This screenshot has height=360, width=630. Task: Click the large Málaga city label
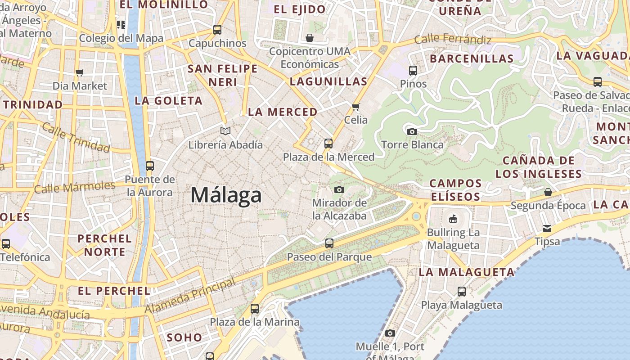click(x=226, y=195)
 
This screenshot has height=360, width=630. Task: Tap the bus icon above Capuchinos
click(x=217, y=30)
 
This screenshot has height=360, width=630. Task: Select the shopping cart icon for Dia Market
click(x=80, y=72)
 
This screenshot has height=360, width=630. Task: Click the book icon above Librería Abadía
click(x=225, y=131)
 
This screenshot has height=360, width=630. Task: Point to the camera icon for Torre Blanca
click(x=412, y=131)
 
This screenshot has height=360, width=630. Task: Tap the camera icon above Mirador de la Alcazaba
click(x=339, y=189)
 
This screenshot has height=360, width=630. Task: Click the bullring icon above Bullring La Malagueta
click(x=453, y=219)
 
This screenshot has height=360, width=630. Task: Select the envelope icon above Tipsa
click(x=547, y=228)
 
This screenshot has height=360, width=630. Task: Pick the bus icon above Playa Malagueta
click(x=462, y=291)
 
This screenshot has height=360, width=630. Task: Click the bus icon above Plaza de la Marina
click(x=255, y=309)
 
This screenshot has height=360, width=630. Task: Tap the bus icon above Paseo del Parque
click(x=329, y=243)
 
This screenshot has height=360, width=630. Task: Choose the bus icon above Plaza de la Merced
click(x=328, y=144)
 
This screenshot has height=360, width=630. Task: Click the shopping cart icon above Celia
click(x=356, y=107)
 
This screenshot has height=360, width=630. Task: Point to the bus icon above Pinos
click(x=413, y=70)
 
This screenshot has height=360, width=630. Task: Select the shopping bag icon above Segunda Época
click(x=548, y=192)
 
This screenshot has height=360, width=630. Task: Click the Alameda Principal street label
click(x=190, y=296)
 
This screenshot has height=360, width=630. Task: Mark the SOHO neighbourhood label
click(x=184, y=337)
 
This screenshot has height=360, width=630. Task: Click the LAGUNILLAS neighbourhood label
click(x=328, y=81)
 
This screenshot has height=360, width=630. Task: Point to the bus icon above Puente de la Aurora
click(x=150, y=166)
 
